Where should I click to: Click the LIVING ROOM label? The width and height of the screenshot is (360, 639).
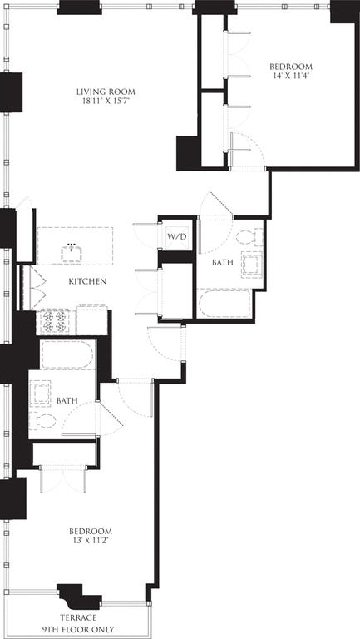pyautogui.click(x=106, y=92)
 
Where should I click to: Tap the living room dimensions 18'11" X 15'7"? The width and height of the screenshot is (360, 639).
pyautogui.click(x=106, y=102)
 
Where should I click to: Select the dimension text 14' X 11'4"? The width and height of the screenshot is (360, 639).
pyautogui.click(x=290, y=77)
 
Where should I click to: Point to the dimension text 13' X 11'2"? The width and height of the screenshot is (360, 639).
pyautogui.click(x=91, y=541)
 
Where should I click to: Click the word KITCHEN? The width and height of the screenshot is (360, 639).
pyautogui.click(x=87, y=281)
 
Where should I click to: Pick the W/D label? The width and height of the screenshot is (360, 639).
pyautogui.click(x=177, y=236)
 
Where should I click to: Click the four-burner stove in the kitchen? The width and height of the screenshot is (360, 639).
pyautogui.click(x=56, y=320)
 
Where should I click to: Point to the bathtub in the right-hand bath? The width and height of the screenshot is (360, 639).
pyautogui.click(x=224, y=304)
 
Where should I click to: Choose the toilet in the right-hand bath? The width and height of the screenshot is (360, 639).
pyautogui.click(x=247, y=236)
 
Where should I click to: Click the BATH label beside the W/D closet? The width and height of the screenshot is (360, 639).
pyautogui.click(x=223, y=262)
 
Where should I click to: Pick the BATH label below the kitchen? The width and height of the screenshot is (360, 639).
pyautogui.click(x=67, y=401)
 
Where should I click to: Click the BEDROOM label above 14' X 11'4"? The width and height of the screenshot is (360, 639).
pyautogui.click(x=290, y=67)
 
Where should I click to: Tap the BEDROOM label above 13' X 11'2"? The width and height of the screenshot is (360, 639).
pyautogui.click(x=91, y=531)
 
